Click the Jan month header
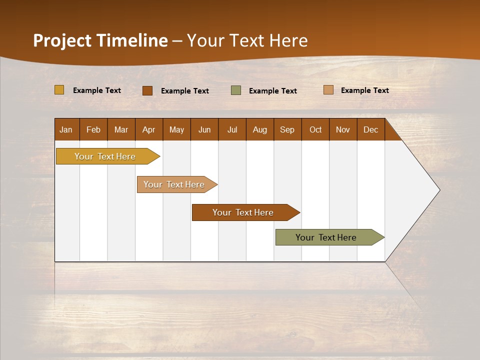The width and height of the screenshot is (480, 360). (x=66, y=129)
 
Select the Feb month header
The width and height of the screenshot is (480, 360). (x=93, y=129)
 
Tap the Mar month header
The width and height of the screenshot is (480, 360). (x=121, y=129)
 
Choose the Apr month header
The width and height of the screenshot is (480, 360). (x=149, y=129)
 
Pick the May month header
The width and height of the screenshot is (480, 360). (x=176, y=129)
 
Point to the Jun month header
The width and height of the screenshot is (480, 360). (x=204, y=129)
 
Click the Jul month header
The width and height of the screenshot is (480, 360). (x=232, y=129)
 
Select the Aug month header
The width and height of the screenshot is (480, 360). (x=260, y=129)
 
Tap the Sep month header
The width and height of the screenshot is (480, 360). (x=287, y=129)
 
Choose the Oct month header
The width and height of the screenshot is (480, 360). (x=315, y=129)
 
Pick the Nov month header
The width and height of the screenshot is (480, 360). (x=343, y=129)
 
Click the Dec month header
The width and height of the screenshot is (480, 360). (x=371, y=129)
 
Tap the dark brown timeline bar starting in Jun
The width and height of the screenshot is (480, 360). (x=243, y=212)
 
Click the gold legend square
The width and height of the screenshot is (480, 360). (x=59, y=90)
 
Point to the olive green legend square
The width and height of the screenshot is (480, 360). (x=236, y=90)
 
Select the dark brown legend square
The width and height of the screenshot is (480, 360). (x=147, y=90)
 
